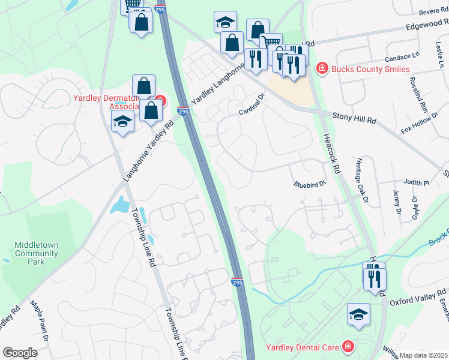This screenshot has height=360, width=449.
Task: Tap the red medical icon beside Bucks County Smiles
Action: point(322,69)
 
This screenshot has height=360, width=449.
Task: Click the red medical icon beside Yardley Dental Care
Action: point(347,346)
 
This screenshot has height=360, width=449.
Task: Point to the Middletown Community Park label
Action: point(37,249)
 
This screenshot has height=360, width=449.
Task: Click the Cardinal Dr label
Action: point(252,103)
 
